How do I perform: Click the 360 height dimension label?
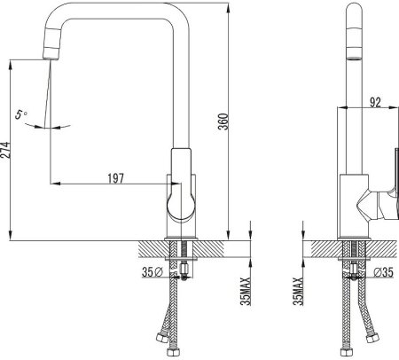(223, 121)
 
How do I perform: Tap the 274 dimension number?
(5, 150)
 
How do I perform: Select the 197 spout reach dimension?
(116, 178)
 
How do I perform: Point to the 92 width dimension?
(375, 102)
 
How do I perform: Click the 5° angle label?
(20, 114)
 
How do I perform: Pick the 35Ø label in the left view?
(153, 272)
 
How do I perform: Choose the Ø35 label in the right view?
(383, 272)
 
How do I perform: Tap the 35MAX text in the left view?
(246, 291)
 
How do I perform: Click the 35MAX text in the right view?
(298, 291)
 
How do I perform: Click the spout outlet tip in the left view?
(51, 59)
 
